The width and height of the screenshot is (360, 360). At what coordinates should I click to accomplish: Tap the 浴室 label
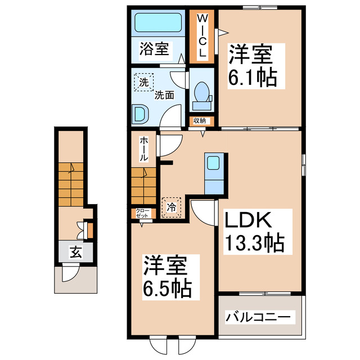(x=154, y=49)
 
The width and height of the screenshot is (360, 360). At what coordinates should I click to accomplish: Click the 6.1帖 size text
(x=253, y=77)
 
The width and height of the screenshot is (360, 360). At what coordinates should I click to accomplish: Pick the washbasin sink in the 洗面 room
(x=140, y=115)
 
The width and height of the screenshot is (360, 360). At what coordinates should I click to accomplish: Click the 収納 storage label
(x=201, y=120)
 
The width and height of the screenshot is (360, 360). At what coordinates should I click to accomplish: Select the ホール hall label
(x=144, y=150)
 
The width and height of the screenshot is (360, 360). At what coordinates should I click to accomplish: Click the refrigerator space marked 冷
(x=172, y=207)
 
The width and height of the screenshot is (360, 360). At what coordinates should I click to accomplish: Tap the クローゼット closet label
(x=142, y=213)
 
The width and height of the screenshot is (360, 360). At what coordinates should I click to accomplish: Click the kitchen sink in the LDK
(x=213, y=163)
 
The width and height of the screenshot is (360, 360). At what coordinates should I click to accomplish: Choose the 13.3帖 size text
(x=255, y=243)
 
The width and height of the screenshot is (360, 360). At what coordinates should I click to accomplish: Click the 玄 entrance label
(x=75, y=253)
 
